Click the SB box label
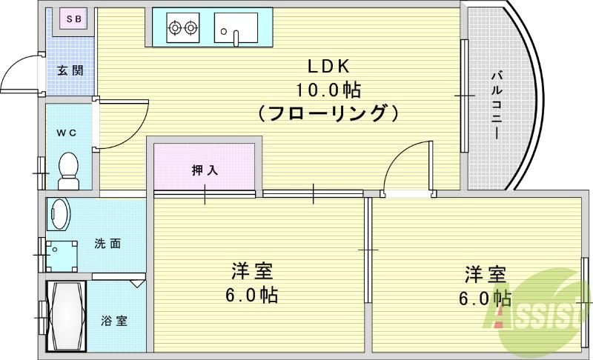pos(72,18)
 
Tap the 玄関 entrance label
pos(70,71)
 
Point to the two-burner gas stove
pos(184,29)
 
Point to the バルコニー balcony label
pos(496,104)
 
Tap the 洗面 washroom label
pos(107,243)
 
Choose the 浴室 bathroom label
pos(113,321)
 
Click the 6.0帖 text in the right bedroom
pos(486,299)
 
